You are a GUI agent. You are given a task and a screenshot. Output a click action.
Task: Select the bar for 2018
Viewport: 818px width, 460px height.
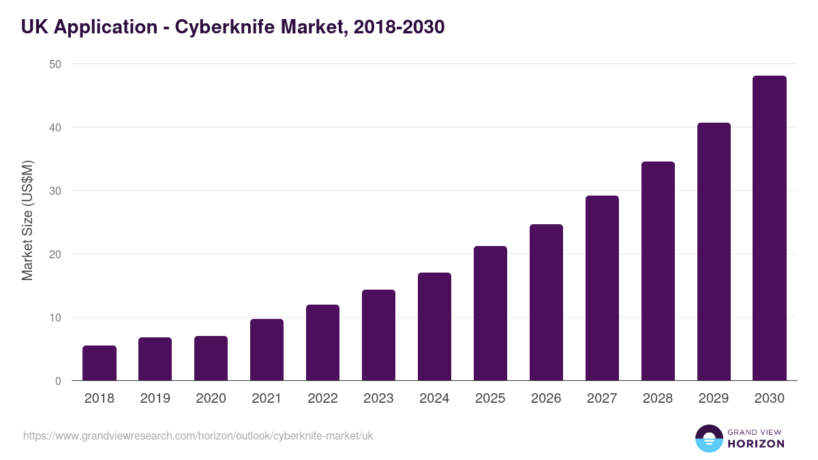[x=100, y=363]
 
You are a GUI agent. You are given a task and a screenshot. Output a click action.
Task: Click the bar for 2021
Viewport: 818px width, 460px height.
[x=267, y=350]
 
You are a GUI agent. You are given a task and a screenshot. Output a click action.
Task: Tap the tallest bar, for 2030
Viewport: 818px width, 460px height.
[x=770, y=228]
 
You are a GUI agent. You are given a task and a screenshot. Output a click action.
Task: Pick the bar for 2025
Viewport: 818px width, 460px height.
[x=490, y=313]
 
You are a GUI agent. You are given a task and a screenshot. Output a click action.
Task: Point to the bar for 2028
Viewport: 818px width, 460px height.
[x=658, y=271]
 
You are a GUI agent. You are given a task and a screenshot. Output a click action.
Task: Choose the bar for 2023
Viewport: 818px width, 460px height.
[x=378, y=335]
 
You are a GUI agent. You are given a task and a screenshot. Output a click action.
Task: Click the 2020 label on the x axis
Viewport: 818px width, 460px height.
[x=211, y=398]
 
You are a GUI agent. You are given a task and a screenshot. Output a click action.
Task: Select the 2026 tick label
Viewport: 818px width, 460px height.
[x=546, y=398]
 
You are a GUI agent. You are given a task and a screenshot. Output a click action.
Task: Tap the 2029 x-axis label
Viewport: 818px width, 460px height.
[x=714, y=398]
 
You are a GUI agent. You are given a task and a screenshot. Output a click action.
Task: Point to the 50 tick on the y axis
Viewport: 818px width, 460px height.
[x=55, y=64]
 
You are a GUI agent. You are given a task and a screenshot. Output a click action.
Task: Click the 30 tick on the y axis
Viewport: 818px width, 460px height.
[x=55, y=191]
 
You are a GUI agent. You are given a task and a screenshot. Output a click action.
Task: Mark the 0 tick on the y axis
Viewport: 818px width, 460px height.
[x=58, y=381]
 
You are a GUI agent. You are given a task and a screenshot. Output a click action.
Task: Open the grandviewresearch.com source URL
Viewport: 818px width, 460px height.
[x=198, y=435]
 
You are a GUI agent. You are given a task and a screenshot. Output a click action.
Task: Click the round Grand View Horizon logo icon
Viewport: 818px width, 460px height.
[x=709, y=438]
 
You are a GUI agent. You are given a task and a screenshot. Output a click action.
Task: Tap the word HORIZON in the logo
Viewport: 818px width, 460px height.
[x=756, y=444]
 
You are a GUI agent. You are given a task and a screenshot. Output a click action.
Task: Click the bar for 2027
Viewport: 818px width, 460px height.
[x=602, y=288]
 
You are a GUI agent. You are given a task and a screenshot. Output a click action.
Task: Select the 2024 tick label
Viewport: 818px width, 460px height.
[x=434, y=398]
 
